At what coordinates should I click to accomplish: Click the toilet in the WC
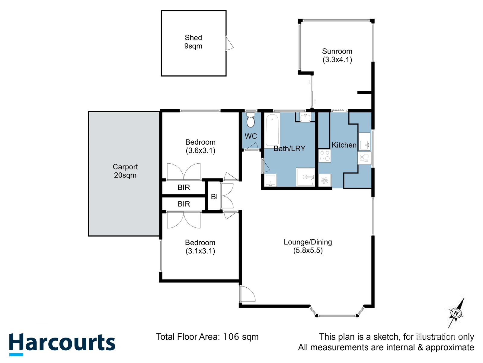point(250,120)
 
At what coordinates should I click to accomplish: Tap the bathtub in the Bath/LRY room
point(272,130)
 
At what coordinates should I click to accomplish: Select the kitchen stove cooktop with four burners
point(325,156)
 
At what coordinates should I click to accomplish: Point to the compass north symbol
point(456,313)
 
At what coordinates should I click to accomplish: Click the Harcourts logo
point(62,344)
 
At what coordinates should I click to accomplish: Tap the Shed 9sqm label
point(193,42)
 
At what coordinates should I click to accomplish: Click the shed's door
point(229,43)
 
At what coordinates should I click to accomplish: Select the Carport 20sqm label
point(125,171)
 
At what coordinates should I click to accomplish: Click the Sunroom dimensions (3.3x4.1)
point(337,60)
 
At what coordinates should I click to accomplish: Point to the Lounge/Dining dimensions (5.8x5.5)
point(308,250)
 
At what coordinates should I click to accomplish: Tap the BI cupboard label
point(214,197)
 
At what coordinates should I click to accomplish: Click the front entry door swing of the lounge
point(248,293)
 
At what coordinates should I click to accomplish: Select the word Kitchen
point(344,145)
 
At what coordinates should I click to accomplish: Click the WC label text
point(251,136)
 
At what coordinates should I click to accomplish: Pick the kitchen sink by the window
point(364,142)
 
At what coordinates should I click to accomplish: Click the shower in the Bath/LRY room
point(305,177)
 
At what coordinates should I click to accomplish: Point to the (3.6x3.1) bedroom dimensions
point(200,151)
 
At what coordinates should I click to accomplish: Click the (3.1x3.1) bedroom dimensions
point(200,251)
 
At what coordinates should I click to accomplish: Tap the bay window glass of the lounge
point(337,316)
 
